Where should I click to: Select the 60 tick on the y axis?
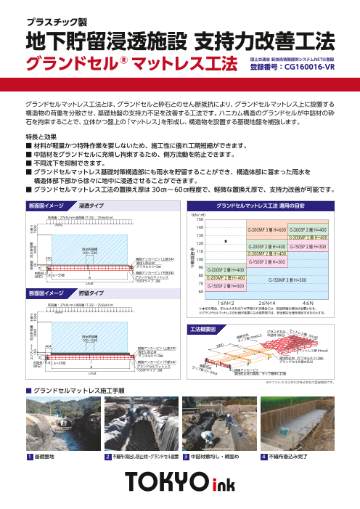200,293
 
